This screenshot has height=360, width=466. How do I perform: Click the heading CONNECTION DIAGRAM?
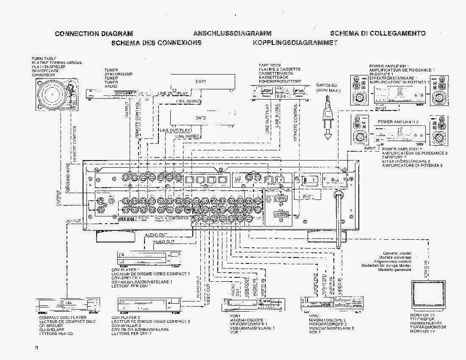tap(94, 33)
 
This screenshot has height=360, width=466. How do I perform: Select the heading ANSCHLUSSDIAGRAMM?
tap(232, 33)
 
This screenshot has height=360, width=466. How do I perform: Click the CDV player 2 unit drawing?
tap(150, 304)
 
